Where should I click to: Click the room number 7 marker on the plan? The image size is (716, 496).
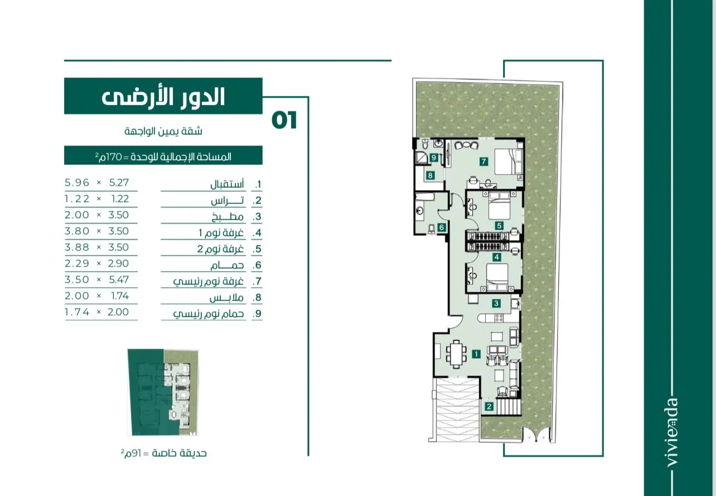(483, 161)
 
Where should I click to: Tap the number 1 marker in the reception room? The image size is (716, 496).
(476, 354)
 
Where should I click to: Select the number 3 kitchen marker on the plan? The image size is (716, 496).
(496, 303)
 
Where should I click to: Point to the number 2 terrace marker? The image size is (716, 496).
(489, 407)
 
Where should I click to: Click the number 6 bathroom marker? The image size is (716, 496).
(442, 228)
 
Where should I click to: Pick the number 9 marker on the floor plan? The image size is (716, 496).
(434, 157)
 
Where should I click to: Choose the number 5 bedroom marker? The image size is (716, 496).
(499, 226)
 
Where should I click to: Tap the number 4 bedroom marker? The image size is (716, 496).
(496, 257)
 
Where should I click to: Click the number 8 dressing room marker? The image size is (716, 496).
(430, 175)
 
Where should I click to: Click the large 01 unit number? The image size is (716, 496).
(284, 121)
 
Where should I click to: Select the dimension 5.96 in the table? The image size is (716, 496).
(77, 182)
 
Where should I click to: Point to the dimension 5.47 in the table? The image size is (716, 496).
(119, 280)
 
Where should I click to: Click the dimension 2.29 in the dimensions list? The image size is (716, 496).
(77, 263)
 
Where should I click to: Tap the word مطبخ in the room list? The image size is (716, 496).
(228, 217)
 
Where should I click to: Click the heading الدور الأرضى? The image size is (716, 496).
(163, 97)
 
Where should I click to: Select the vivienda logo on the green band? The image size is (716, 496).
(673, 433)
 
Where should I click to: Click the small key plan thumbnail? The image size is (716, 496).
(163, 392)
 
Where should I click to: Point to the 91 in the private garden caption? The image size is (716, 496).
(136, 454)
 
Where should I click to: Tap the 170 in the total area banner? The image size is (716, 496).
(113, 157)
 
